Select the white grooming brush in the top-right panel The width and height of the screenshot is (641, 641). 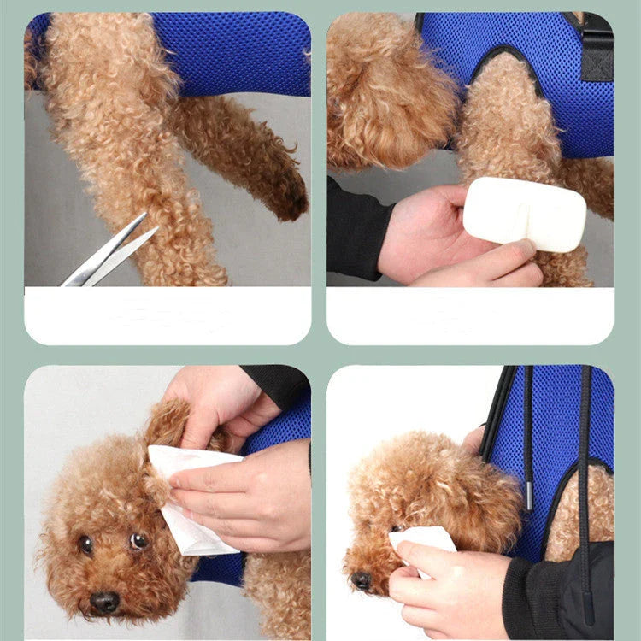coord(524,215)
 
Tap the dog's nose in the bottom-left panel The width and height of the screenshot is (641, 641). coord(105,603)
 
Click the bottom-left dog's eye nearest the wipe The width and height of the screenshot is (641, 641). coord(138,540)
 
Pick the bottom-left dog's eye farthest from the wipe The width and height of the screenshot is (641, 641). coord(85,544)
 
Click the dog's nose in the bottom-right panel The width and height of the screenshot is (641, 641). coord(362,580)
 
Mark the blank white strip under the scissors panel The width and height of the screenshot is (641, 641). coord(168,315)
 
